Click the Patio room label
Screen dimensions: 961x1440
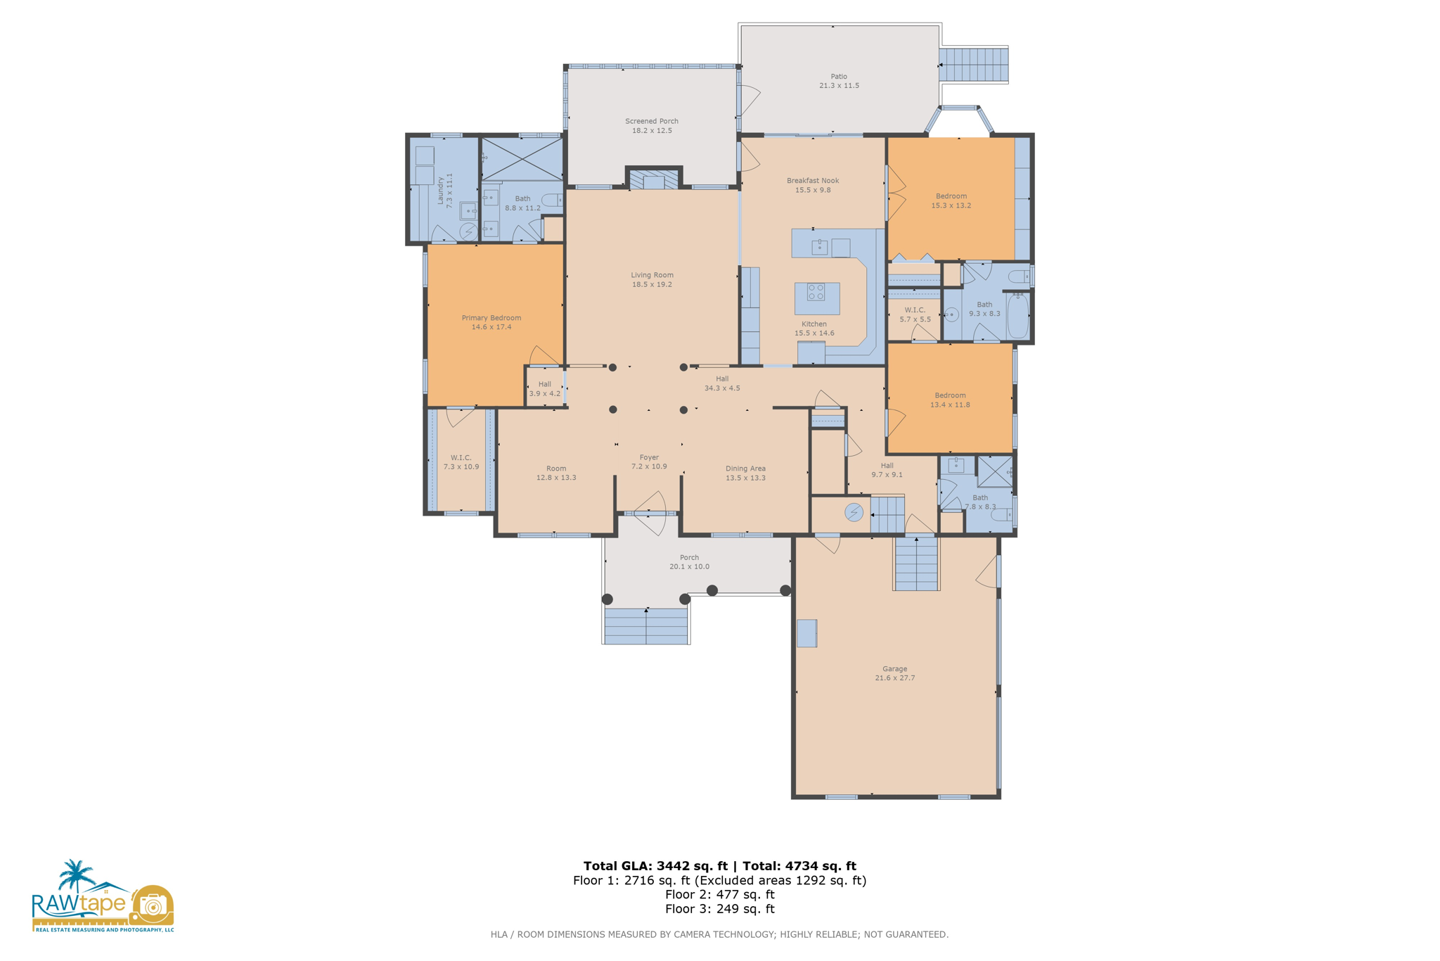(838, 81)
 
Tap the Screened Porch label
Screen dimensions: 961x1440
(651, 126)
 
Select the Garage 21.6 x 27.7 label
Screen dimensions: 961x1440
(894, 673)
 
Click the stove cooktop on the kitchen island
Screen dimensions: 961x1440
(816, 292)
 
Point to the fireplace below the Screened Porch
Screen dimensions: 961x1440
(653, 180)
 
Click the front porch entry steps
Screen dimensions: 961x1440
(645, 626)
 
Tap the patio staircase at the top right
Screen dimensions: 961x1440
(973, 65)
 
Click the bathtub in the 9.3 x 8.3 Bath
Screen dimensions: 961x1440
(1017, 317)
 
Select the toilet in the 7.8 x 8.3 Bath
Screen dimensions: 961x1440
(1001, 516)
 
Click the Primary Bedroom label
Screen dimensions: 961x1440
(491, 322)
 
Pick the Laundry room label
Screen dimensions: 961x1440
(444, 191)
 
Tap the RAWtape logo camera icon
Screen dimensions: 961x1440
(151, 905)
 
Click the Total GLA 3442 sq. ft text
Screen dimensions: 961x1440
(655, 866)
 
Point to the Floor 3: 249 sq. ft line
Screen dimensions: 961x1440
(719, 909)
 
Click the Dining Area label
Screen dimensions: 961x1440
(745, 473)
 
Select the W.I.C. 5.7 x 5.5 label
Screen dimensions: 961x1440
(915, 314)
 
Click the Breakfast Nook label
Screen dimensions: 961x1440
(812, 185)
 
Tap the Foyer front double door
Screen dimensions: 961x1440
(648, 514)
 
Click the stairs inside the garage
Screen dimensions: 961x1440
(916, 563)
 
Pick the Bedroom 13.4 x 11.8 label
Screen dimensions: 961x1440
(950, 400)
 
